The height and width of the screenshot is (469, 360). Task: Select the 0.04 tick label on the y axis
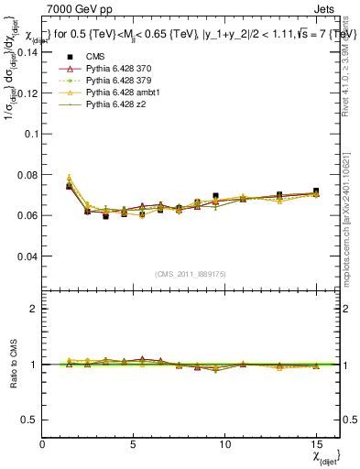pos(27,256)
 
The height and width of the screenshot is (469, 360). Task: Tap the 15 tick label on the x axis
pos(316,444)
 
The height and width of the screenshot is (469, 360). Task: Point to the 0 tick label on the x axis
pos(43,444)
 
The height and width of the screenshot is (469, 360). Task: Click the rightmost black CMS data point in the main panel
pos(316,191)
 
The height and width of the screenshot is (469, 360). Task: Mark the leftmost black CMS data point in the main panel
pos(70,186)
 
